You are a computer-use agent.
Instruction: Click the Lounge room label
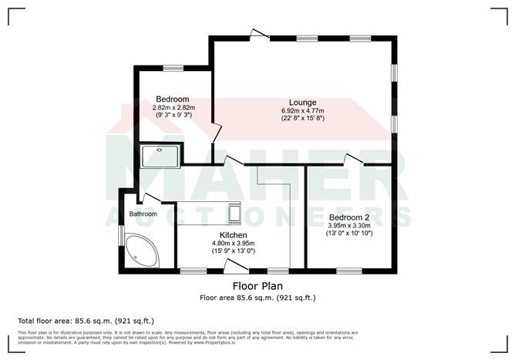click(x=302, y=102)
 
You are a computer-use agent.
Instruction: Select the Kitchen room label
click(x=233, y=235)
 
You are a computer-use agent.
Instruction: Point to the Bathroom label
click(x=143, y=214)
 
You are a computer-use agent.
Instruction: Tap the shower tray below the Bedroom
click(x=159, y=155)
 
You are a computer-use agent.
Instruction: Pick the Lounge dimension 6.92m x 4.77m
click(x=302, y=111)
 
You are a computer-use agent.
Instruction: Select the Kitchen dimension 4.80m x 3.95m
click(x=233, y=244)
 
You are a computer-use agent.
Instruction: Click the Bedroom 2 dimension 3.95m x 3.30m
click(x=350, y=226)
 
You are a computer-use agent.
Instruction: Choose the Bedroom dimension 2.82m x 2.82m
click(x=173, y=108)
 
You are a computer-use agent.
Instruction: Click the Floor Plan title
click(x=257, y=286)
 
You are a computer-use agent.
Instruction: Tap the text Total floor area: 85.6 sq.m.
click(x=84, y=320)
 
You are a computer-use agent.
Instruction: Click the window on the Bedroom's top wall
click(x=172, y=68)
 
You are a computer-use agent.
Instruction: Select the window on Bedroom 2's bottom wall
click(x=348, y=270)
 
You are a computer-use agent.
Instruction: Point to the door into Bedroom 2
click(x=354, y=160)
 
